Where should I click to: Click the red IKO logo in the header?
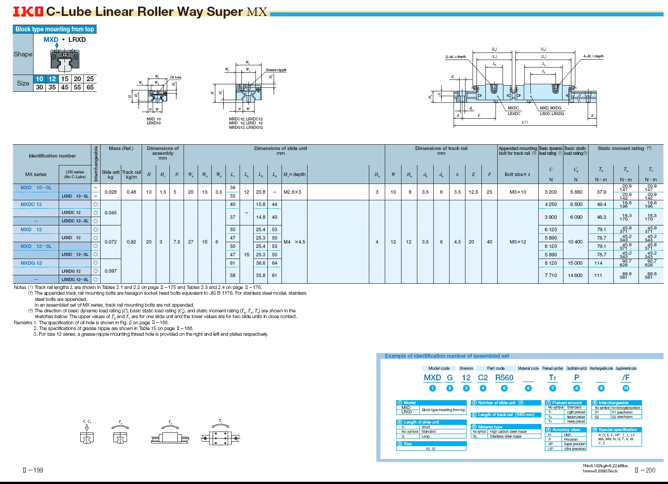(28, 11)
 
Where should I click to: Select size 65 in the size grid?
(90, 87)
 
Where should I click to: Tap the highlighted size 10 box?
(40, 79)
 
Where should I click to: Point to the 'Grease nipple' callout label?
(276, 70)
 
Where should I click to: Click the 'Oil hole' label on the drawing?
(176, 77)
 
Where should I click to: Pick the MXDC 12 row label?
(31, 204)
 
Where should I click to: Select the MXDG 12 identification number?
(31, 263)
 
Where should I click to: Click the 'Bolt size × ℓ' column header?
(518, 174)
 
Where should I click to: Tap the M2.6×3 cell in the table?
(293, 192)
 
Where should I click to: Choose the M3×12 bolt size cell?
(518, 242)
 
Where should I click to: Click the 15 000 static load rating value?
(575, 263)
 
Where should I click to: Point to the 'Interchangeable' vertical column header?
(96, 164)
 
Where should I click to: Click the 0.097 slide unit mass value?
(111, 271)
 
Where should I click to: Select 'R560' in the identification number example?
(504, 378)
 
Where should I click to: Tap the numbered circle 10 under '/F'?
(626, 388)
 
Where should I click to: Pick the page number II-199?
(33, 470)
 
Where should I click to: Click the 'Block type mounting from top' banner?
(55, 29)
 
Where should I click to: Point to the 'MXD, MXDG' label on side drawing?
(551, 108)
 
